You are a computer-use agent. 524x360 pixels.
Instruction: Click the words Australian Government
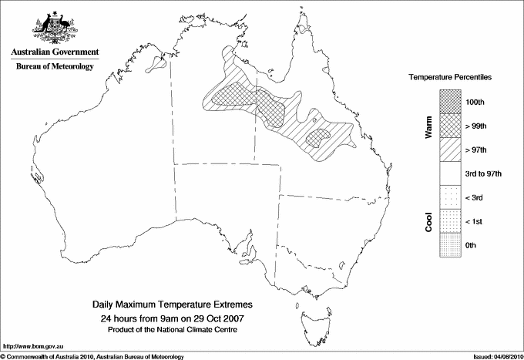[x=54, y=52]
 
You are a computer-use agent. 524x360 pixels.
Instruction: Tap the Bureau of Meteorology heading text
[x=55, y=66]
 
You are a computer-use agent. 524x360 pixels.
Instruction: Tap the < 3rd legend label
[x=476, y=197]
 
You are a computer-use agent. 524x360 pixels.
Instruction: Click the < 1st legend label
[x=476, y=221]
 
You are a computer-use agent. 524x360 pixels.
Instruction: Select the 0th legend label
[x=472, y=245]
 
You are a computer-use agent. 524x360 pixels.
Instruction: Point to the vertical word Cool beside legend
[x=428, y=221]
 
